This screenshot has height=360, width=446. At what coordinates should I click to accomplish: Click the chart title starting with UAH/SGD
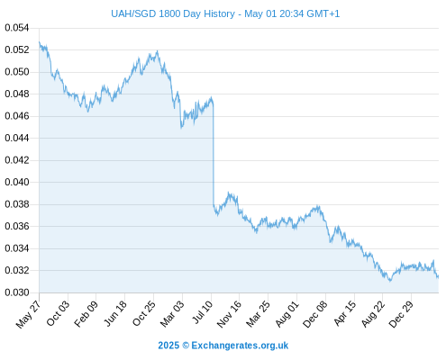click(225, 13)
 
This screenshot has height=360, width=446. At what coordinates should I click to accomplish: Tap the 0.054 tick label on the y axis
click(17, 28)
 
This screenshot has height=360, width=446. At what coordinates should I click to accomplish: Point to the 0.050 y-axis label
click(17, 72)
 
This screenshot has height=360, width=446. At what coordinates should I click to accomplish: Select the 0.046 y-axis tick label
click(17, 116)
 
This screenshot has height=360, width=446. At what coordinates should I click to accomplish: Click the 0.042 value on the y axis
click(17, 160)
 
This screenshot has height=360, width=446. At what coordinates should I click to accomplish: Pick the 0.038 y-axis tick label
click(17, 204)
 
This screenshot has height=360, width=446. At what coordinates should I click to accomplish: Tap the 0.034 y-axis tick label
click(17, 248)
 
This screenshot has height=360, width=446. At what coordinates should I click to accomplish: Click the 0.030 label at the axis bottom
click(17, 292)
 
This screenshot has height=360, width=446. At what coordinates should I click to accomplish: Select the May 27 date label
click(29, 314)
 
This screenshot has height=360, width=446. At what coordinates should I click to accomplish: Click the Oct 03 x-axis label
click(58, 313)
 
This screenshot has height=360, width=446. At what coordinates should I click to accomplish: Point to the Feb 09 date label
click(86, 314)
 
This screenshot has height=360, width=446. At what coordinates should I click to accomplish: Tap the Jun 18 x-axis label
click(115, 313)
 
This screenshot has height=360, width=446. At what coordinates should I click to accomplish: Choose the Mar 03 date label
click(172, 314)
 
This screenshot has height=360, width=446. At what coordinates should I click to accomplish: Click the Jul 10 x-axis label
click(202, 312)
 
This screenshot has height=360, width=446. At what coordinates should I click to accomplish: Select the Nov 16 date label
click(229, 314)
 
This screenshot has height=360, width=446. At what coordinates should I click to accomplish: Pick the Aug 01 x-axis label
click(287, 314)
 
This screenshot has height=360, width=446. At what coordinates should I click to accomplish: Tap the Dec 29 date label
click(401, 314)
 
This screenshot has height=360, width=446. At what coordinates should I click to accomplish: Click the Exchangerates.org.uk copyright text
click(223, 346)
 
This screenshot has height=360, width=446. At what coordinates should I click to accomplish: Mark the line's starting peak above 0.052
click(40, 42)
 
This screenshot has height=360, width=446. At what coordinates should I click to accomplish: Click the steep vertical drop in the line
click(214, 155)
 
